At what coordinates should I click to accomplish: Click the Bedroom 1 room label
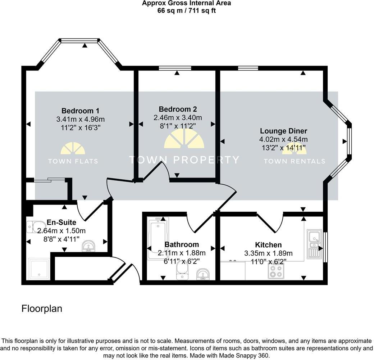tap(80, 111)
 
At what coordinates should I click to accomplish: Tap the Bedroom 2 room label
tap(178, 109)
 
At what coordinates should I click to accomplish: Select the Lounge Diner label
tap(283, 131)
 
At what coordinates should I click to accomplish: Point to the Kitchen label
tap(268, 245)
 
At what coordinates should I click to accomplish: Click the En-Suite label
tap(61, 222)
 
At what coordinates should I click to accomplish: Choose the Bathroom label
tap(182, 245)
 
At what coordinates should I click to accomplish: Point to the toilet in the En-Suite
tap(33, 227)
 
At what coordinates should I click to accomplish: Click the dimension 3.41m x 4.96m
tap(80, 119)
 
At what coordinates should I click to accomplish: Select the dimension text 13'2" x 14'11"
tap(283, 148)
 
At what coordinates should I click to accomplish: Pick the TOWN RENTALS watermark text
tap(294, 161)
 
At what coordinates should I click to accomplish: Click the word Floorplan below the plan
tap(42, 309)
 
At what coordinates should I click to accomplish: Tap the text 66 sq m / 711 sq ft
tap(186, 10)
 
